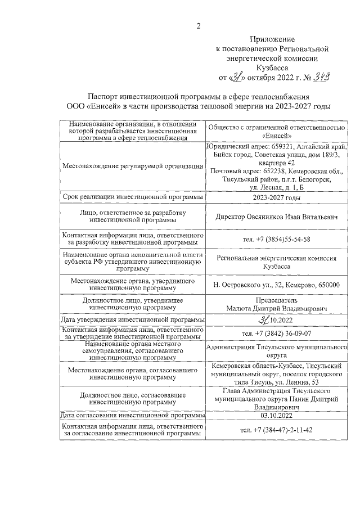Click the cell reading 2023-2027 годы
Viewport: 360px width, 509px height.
click(x=276, y=197)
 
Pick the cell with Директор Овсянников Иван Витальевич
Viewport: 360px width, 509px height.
click(x=276, y=217)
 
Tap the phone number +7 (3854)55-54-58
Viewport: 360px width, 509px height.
click(x=276, y=239)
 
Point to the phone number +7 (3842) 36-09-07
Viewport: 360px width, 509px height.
click(x=276, y=333)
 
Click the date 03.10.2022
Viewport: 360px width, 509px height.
click(x=276, y=416)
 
